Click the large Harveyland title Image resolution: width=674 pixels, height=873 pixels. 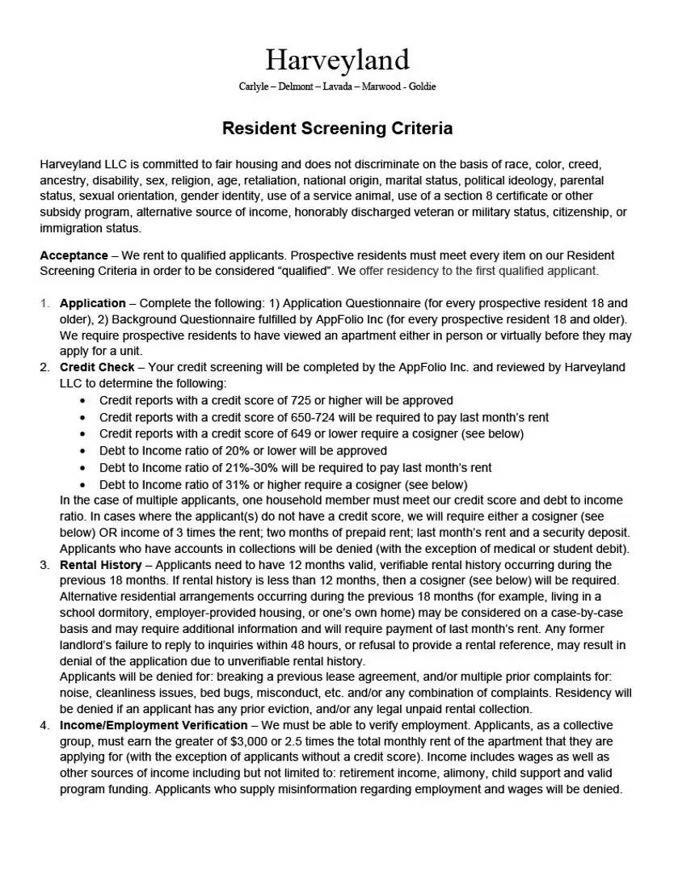pos(337,60)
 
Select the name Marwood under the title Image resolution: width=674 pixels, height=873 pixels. pos(378,86)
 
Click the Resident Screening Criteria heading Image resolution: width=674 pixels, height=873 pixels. pos(337,129)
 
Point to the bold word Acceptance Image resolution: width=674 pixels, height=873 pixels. pos(74,255)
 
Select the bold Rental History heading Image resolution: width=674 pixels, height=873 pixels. pos(100,564)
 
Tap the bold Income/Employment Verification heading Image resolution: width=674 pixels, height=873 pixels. pos(154,725)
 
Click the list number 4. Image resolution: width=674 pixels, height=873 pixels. pos(45,725)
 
